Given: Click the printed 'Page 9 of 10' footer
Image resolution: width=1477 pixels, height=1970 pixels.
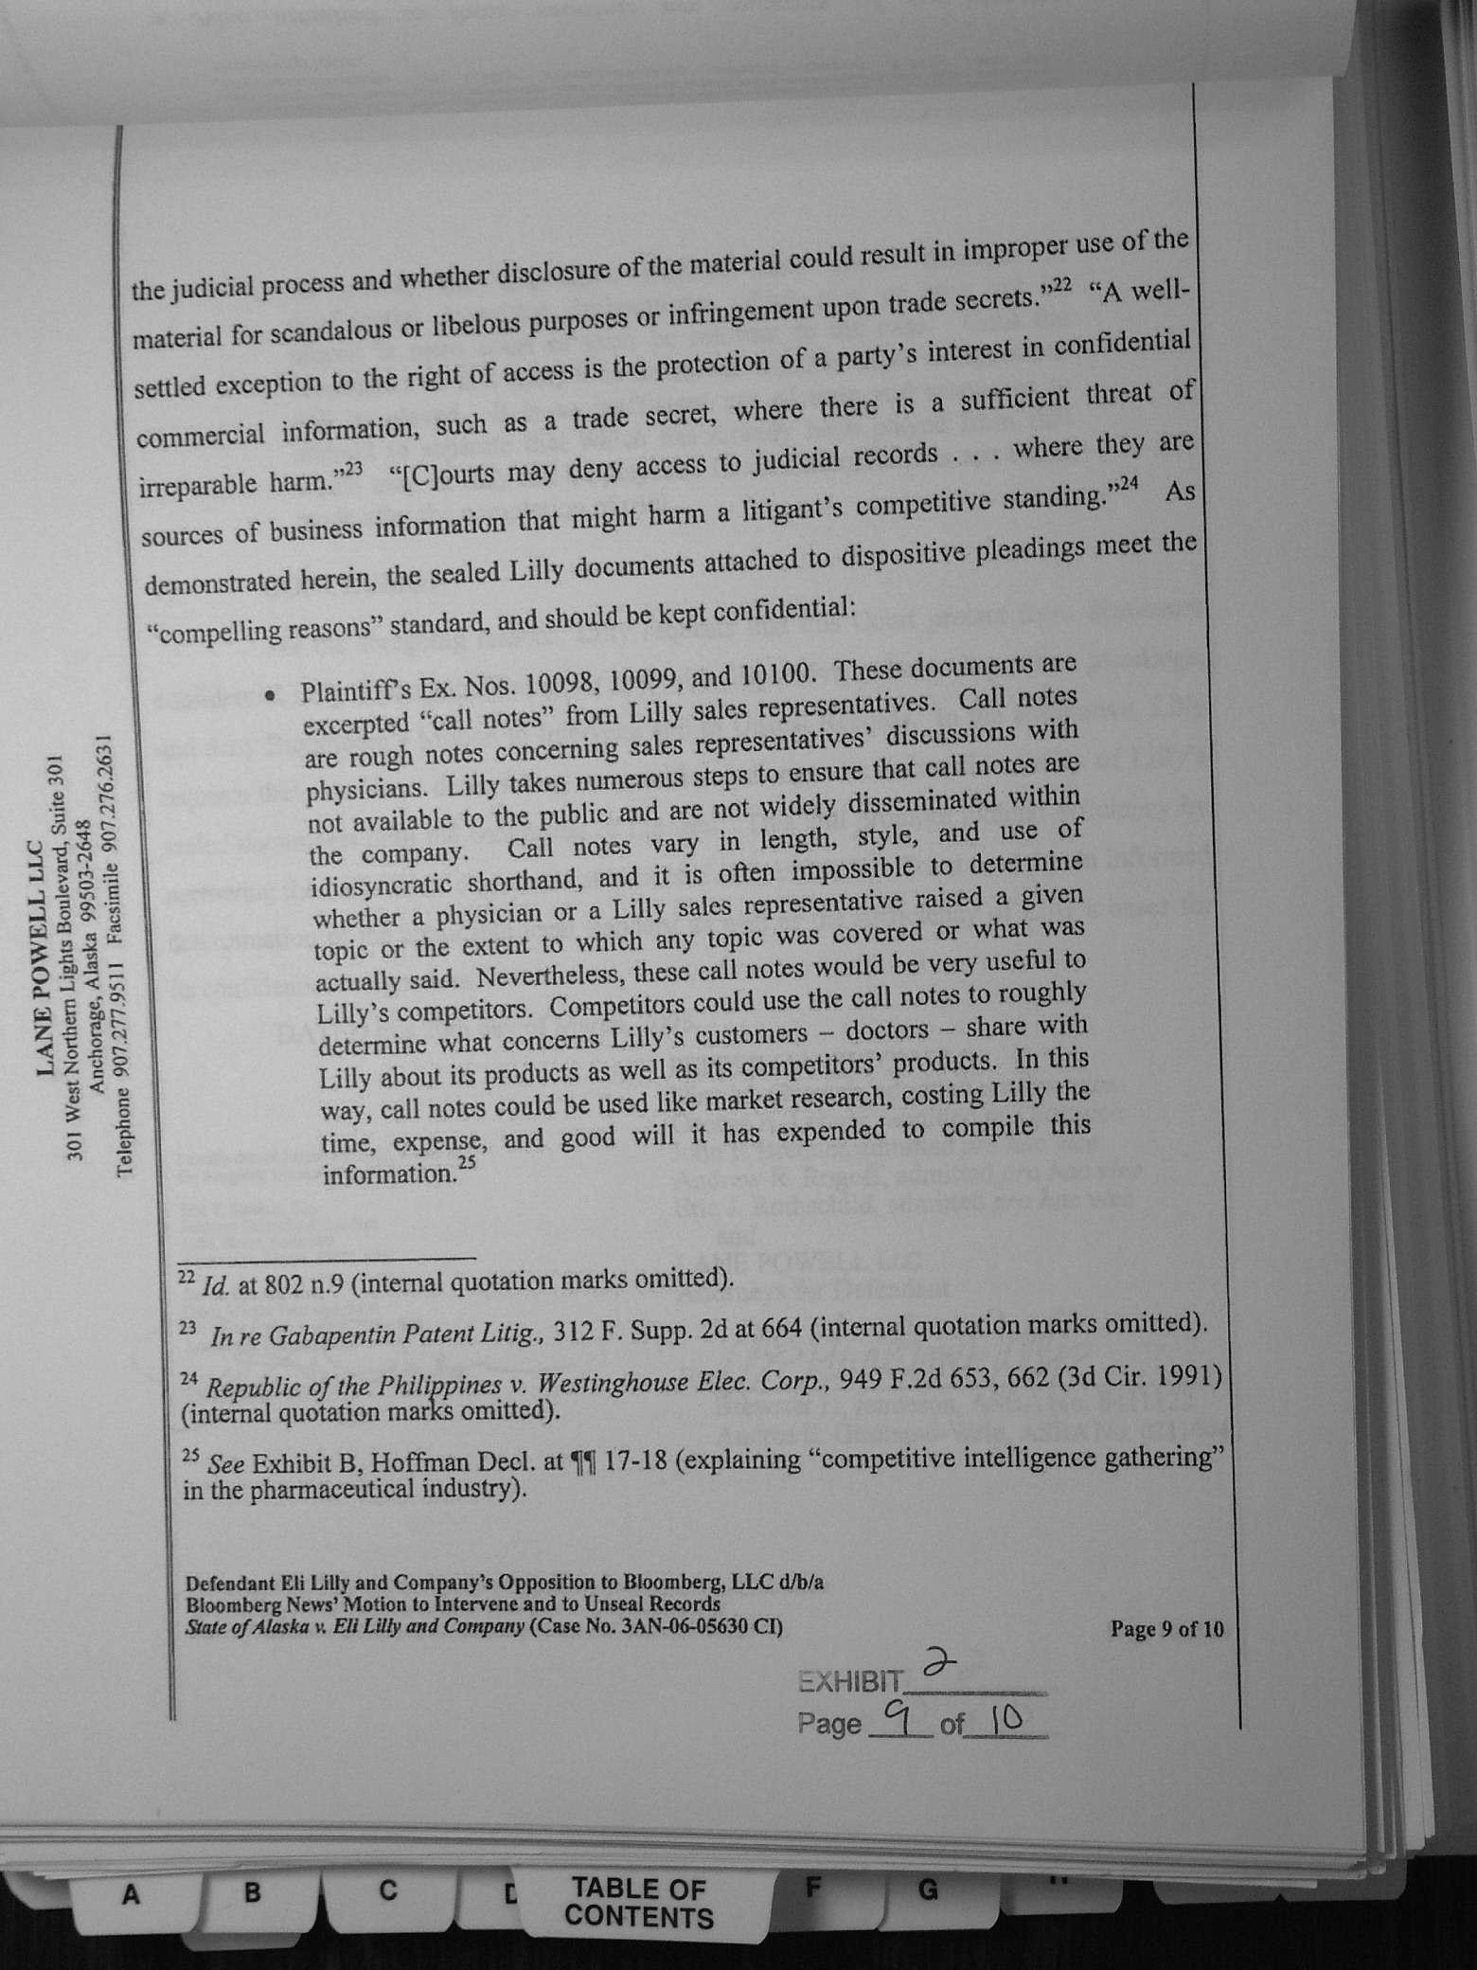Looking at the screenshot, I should (1166, 1628).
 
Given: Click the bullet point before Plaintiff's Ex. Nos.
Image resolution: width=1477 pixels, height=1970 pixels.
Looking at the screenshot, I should (271, 696).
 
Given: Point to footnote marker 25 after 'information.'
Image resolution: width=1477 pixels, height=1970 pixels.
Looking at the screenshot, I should (466, 1161).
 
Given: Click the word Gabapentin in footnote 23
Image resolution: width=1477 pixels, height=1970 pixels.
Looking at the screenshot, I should (336, 1335).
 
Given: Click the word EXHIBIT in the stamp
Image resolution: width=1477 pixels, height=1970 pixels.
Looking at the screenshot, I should (850, 1682).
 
